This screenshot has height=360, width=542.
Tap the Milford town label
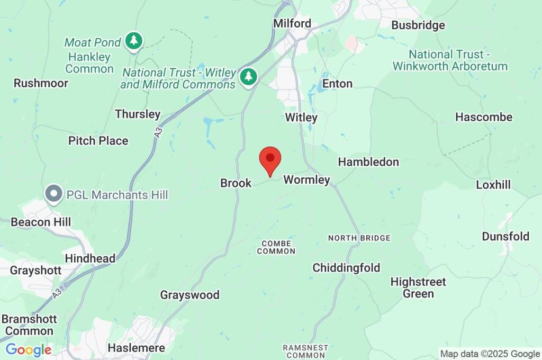[x=292, y=23]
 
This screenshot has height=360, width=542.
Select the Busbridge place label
[x=418, y=25]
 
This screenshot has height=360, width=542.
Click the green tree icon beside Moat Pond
[x=134, y=41]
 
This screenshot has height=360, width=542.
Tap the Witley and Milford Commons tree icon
[x=248, y=77]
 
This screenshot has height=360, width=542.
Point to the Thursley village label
[x=137, y=114]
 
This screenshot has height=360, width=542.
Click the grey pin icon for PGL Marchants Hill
[x=53, y=194]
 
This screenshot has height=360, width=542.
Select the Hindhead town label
[x=89, y=258]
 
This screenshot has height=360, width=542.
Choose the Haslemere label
[x=136, y=348]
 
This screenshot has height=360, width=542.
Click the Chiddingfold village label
[x=346, y=268]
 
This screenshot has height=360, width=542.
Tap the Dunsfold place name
[x=505, y=236]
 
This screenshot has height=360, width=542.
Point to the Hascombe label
[x=483, y=117]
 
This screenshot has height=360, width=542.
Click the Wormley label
[x=306, y=180]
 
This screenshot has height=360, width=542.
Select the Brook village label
[x=236, y=183]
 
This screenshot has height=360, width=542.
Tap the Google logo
[x=28, y=350]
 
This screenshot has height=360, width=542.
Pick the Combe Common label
[x=276, y=247]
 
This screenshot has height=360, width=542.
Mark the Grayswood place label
[x=189, y=295]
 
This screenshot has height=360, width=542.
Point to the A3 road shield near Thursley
[x=158, y=134]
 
